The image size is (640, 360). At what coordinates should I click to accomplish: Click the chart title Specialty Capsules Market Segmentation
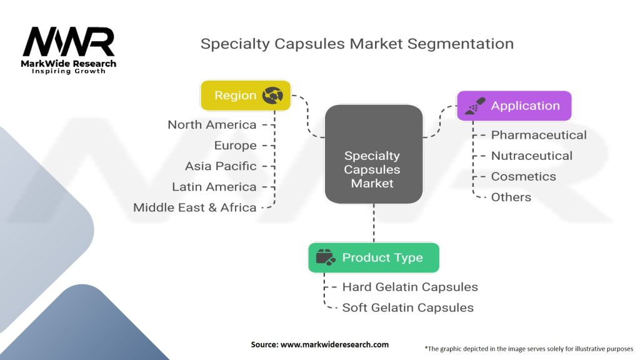(357, 44)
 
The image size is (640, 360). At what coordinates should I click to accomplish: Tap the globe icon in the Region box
(272, 96)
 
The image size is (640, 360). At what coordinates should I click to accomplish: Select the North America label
(212, 124)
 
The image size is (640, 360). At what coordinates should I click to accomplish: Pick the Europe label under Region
(235, 145)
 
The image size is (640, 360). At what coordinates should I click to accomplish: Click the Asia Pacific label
(221, 166)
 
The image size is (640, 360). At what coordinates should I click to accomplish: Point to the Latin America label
(214, 186)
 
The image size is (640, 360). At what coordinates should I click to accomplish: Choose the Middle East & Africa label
(194, 207)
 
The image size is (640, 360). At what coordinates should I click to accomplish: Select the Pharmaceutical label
(539, 135)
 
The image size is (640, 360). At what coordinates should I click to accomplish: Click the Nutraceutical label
(531, 156)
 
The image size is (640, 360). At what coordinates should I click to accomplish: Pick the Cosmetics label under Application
(523, 176)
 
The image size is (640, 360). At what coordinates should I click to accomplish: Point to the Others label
(511, 197)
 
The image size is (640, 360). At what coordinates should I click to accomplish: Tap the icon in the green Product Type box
(326, 257)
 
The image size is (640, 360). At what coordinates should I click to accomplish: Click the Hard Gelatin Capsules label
(410, 287)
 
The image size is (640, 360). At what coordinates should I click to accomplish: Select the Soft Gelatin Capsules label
(407, 307)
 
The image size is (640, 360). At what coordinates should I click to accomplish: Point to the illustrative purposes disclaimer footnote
(529, 348)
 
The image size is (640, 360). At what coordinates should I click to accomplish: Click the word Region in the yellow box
(235, 96)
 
